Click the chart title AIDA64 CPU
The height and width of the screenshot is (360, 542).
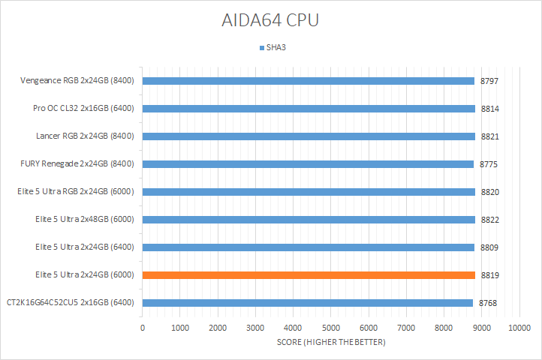270,20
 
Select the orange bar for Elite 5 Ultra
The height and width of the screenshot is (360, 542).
309,275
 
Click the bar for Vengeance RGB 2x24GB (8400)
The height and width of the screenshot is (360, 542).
308,81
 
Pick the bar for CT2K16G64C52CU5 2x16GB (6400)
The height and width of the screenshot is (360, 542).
307,303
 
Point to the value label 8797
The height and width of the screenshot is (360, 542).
490,81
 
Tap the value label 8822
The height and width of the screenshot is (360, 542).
490,220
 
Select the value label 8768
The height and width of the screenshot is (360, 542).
487,303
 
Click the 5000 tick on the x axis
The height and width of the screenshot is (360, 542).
330,328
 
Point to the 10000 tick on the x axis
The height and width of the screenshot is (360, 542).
519,328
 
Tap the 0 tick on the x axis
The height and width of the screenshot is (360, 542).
143,328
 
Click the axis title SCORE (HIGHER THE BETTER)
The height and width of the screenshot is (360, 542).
330,343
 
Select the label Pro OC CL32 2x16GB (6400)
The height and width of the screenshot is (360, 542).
83,109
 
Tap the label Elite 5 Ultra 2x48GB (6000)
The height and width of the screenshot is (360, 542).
84,220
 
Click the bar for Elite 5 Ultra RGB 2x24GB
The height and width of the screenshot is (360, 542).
309,192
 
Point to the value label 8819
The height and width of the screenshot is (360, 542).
490,275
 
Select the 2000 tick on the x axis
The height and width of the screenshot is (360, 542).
218,328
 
